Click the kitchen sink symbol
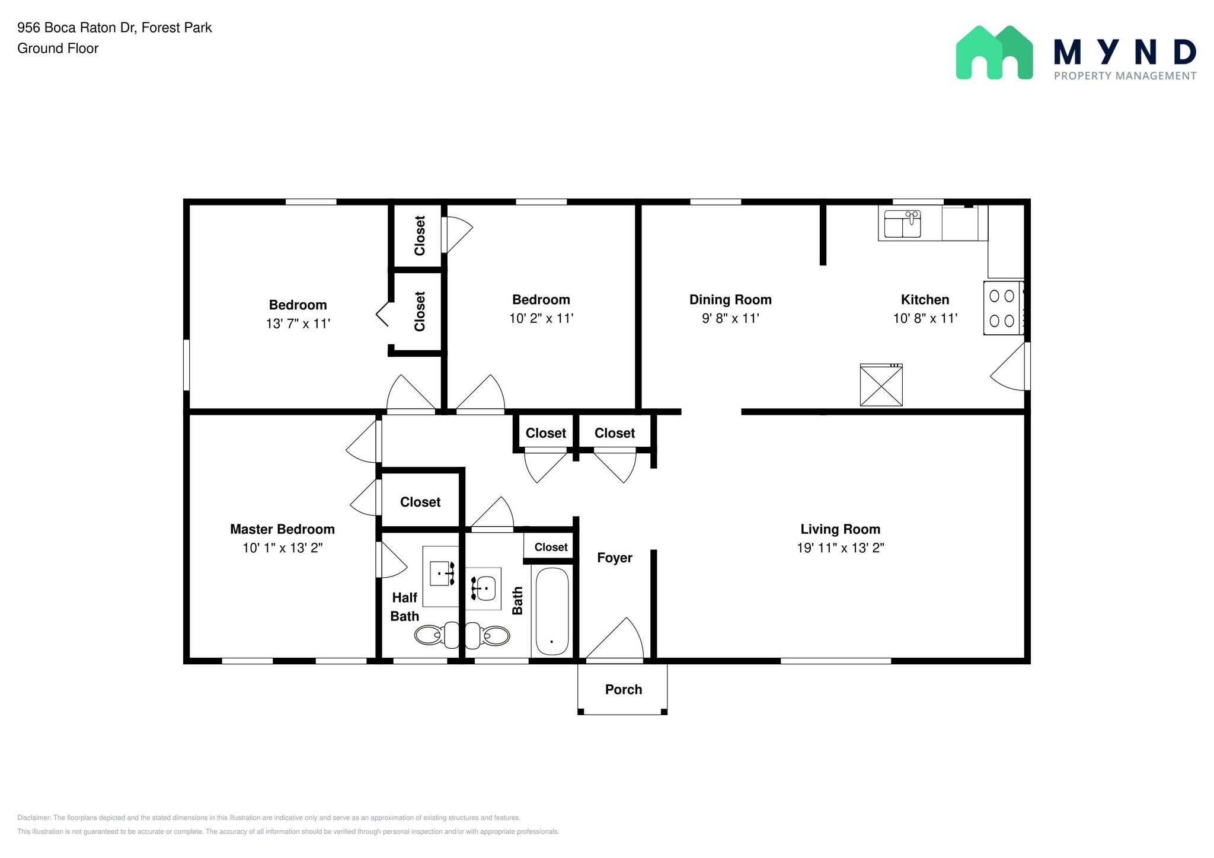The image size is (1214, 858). point(902,223)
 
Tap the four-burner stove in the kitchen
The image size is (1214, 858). point(1003,308)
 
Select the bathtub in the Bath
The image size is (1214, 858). point(552,611)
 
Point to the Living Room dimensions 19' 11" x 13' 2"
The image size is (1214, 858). point(840,548)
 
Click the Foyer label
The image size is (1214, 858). point(614,558)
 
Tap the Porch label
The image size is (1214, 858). point(623,689)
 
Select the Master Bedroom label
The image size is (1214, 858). point(282,529)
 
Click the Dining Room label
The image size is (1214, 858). point(730,300)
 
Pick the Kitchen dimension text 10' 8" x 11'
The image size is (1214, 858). point(925,318)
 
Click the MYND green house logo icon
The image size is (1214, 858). point(994,53)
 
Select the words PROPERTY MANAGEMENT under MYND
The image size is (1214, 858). point(1124,76)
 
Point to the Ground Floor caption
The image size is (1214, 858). point(57,49)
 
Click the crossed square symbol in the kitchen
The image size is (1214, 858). point(881,385)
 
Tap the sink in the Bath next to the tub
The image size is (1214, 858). point(484,588)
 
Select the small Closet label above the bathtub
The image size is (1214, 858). point(551,547)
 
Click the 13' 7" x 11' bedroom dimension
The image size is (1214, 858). point(298,324)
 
